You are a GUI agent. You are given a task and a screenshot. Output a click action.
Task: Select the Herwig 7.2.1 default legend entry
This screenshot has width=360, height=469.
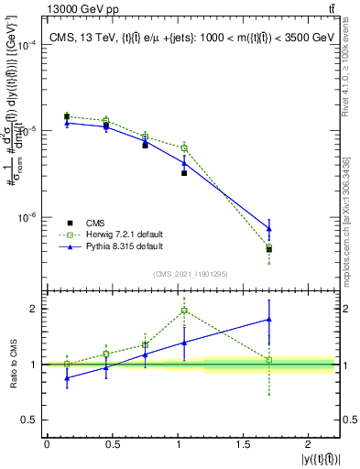click(x=123, y=234)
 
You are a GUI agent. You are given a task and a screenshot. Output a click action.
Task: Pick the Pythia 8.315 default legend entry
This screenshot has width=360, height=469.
click(x=123, y=246)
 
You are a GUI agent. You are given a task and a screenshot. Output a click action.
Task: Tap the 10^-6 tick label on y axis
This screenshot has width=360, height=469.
click(x=27, y=218)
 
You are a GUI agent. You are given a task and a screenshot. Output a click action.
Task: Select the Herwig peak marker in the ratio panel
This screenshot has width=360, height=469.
click(x=184, y=311)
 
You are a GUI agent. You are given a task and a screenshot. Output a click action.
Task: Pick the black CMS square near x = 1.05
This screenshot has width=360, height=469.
click(x=184, y=172)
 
